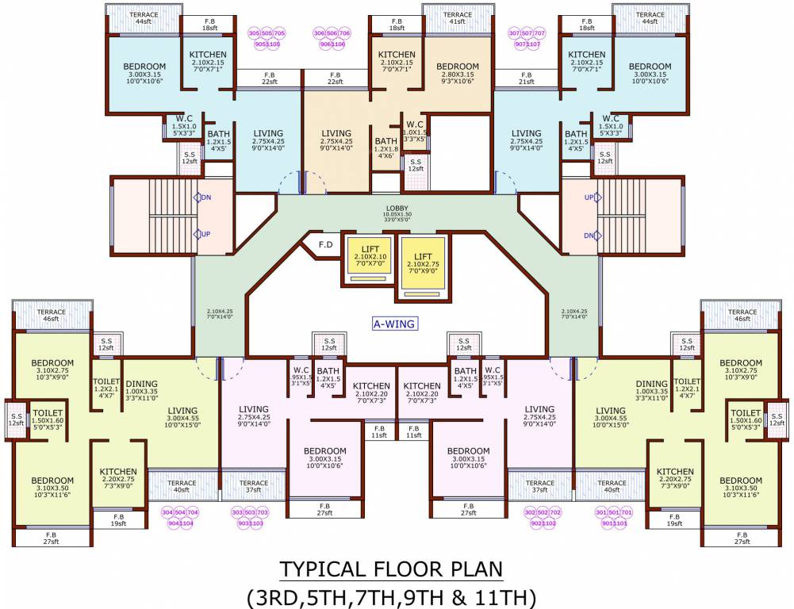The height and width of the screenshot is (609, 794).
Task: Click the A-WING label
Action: point(395,324)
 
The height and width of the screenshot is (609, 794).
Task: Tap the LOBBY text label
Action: point(397,209)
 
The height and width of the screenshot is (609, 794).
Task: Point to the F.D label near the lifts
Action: point(325,244)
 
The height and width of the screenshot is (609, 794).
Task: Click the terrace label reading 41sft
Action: point(458,19)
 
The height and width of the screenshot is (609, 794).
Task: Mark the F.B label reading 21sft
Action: point(526,79)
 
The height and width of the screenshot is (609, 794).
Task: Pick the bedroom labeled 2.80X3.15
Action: point(458,71)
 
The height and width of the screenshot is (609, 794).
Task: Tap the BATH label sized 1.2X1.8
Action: point(385,147)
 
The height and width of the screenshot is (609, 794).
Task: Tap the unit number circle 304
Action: point(168,512)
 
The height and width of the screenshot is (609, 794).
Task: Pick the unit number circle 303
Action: point(237,512)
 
